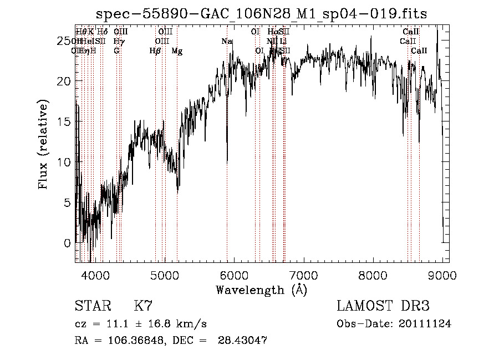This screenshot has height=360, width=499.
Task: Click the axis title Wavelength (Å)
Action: pos(261,290)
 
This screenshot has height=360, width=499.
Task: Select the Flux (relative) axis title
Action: pos(43,144)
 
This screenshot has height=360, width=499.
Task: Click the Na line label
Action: pos(227,42)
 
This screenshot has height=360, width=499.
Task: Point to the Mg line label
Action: pos(177,51)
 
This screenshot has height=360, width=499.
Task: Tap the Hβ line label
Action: pos(155,51)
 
